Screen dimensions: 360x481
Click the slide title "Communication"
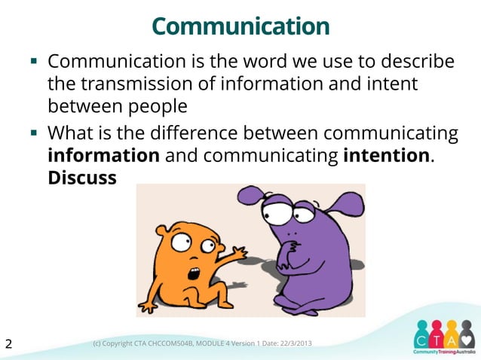pyautogui.click(x=241, y=27)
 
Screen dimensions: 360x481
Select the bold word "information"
pyautogui.click(x=103, y=156)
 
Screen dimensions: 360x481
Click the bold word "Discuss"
pyautogui.click(x=81, y=178)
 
